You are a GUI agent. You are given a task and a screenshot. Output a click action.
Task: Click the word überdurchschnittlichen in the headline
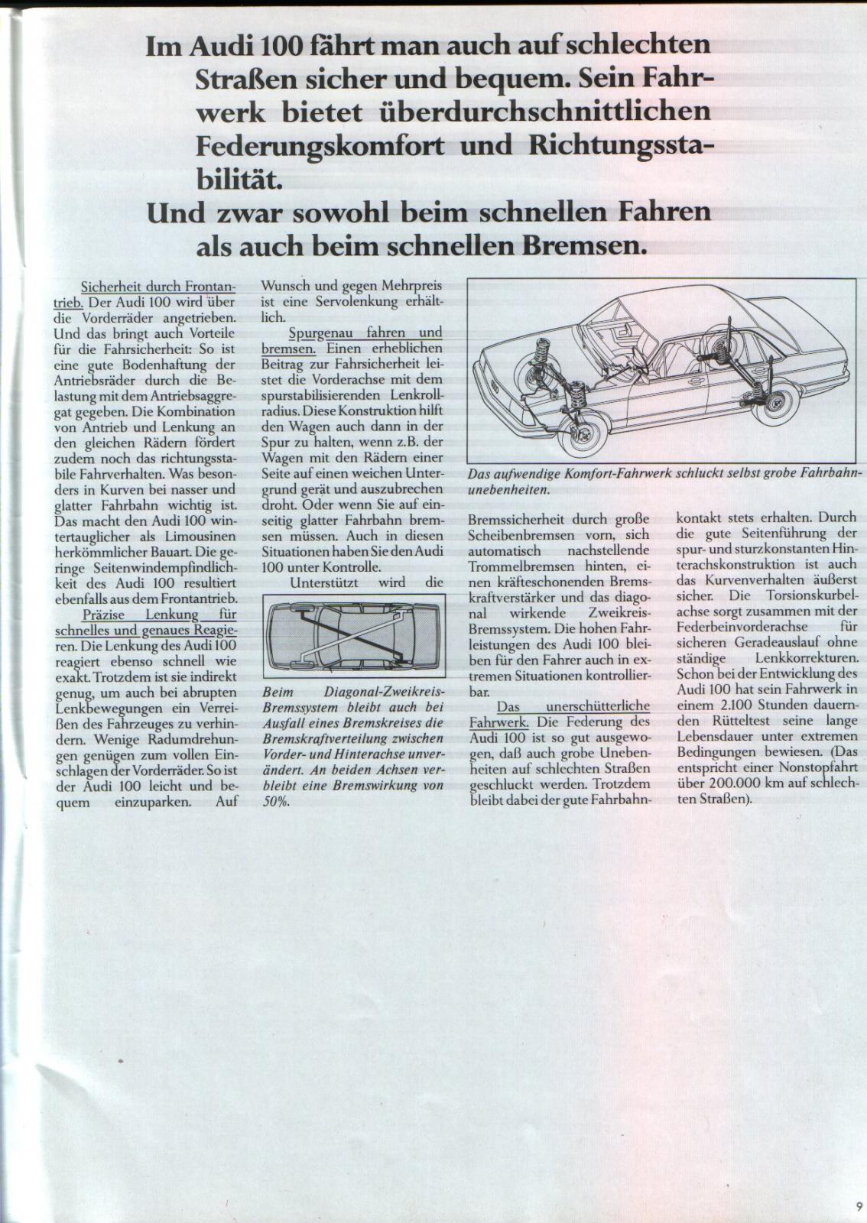tap(544, 112)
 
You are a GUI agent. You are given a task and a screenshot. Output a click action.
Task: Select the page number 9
tap(859, 1206)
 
